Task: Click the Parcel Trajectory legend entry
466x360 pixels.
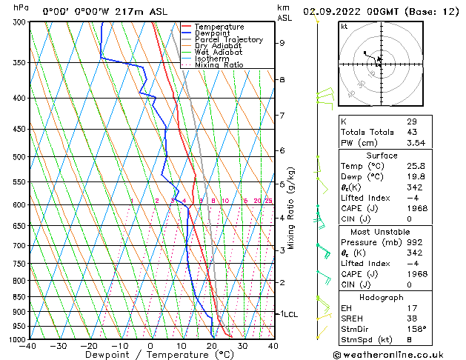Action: [x=228, y=39]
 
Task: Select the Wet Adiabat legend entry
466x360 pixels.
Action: [x=219, y=52]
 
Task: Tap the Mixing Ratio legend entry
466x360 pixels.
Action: [x=219, y=65]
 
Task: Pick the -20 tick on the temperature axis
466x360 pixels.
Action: [x=89, y=346]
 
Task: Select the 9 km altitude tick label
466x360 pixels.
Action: [x=282, y=43]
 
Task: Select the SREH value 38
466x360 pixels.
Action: [x=411, y=319]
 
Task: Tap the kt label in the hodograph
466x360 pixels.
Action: [x=344, y=27]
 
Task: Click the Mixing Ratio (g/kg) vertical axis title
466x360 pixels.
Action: [x=291, y=207]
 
